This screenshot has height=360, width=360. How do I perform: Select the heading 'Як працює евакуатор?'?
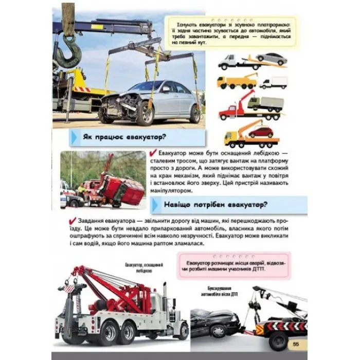pos(115,137)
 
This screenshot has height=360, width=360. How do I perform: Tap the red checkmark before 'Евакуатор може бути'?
pos(152,153)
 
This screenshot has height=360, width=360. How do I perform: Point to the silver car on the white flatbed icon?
pos(271,58)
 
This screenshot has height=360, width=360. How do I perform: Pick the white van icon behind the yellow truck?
pos(274,83)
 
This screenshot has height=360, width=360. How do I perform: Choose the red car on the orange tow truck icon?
pos(261,131)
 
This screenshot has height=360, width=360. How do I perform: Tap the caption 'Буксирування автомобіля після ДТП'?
pos(220,292)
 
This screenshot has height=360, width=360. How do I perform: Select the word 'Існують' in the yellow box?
pos(185,24)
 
